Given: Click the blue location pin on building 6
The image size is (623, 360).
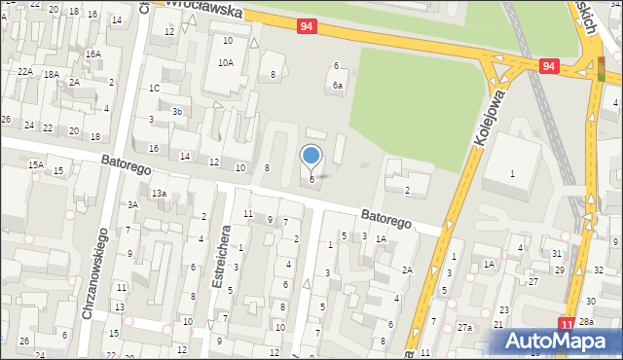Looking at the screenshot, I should [311, 155].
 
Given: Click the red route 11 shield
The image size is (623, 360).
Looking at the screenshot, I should [567, 322].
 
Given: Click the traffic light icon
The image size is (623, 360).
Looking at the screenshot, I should [601, 68].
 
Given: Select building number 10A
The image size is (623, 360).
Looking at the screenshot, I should [225, 62].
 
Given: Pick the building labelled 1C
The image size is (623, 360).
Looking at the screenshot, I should [154, 89].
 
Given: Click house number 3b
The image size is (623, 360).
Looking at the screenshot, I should [177, 111].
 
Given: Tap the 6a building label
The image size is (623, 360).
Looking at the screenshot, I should [337, 86].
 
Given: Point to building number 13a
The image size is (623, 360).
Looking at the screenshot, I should [159, 194].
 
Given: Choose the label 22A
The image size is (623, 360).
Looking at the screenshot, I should [25, 72].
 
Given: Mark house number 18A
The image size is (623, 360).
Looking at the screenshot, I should [51, 74].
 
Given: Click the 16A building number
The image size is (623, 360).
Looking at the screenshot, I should [92, 54].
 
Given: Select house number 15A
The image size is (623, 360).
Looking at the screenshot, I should [35, 165].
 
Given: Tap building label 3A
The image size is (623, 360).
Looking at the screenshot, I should [132, 204].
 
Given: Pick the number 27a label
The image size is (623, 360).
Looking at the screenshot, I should [464, 328].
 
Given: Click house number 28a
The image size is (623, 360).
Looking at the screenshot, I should [586, 321].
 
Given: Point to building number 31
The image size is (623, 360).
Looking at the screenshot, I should [557, 253].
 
